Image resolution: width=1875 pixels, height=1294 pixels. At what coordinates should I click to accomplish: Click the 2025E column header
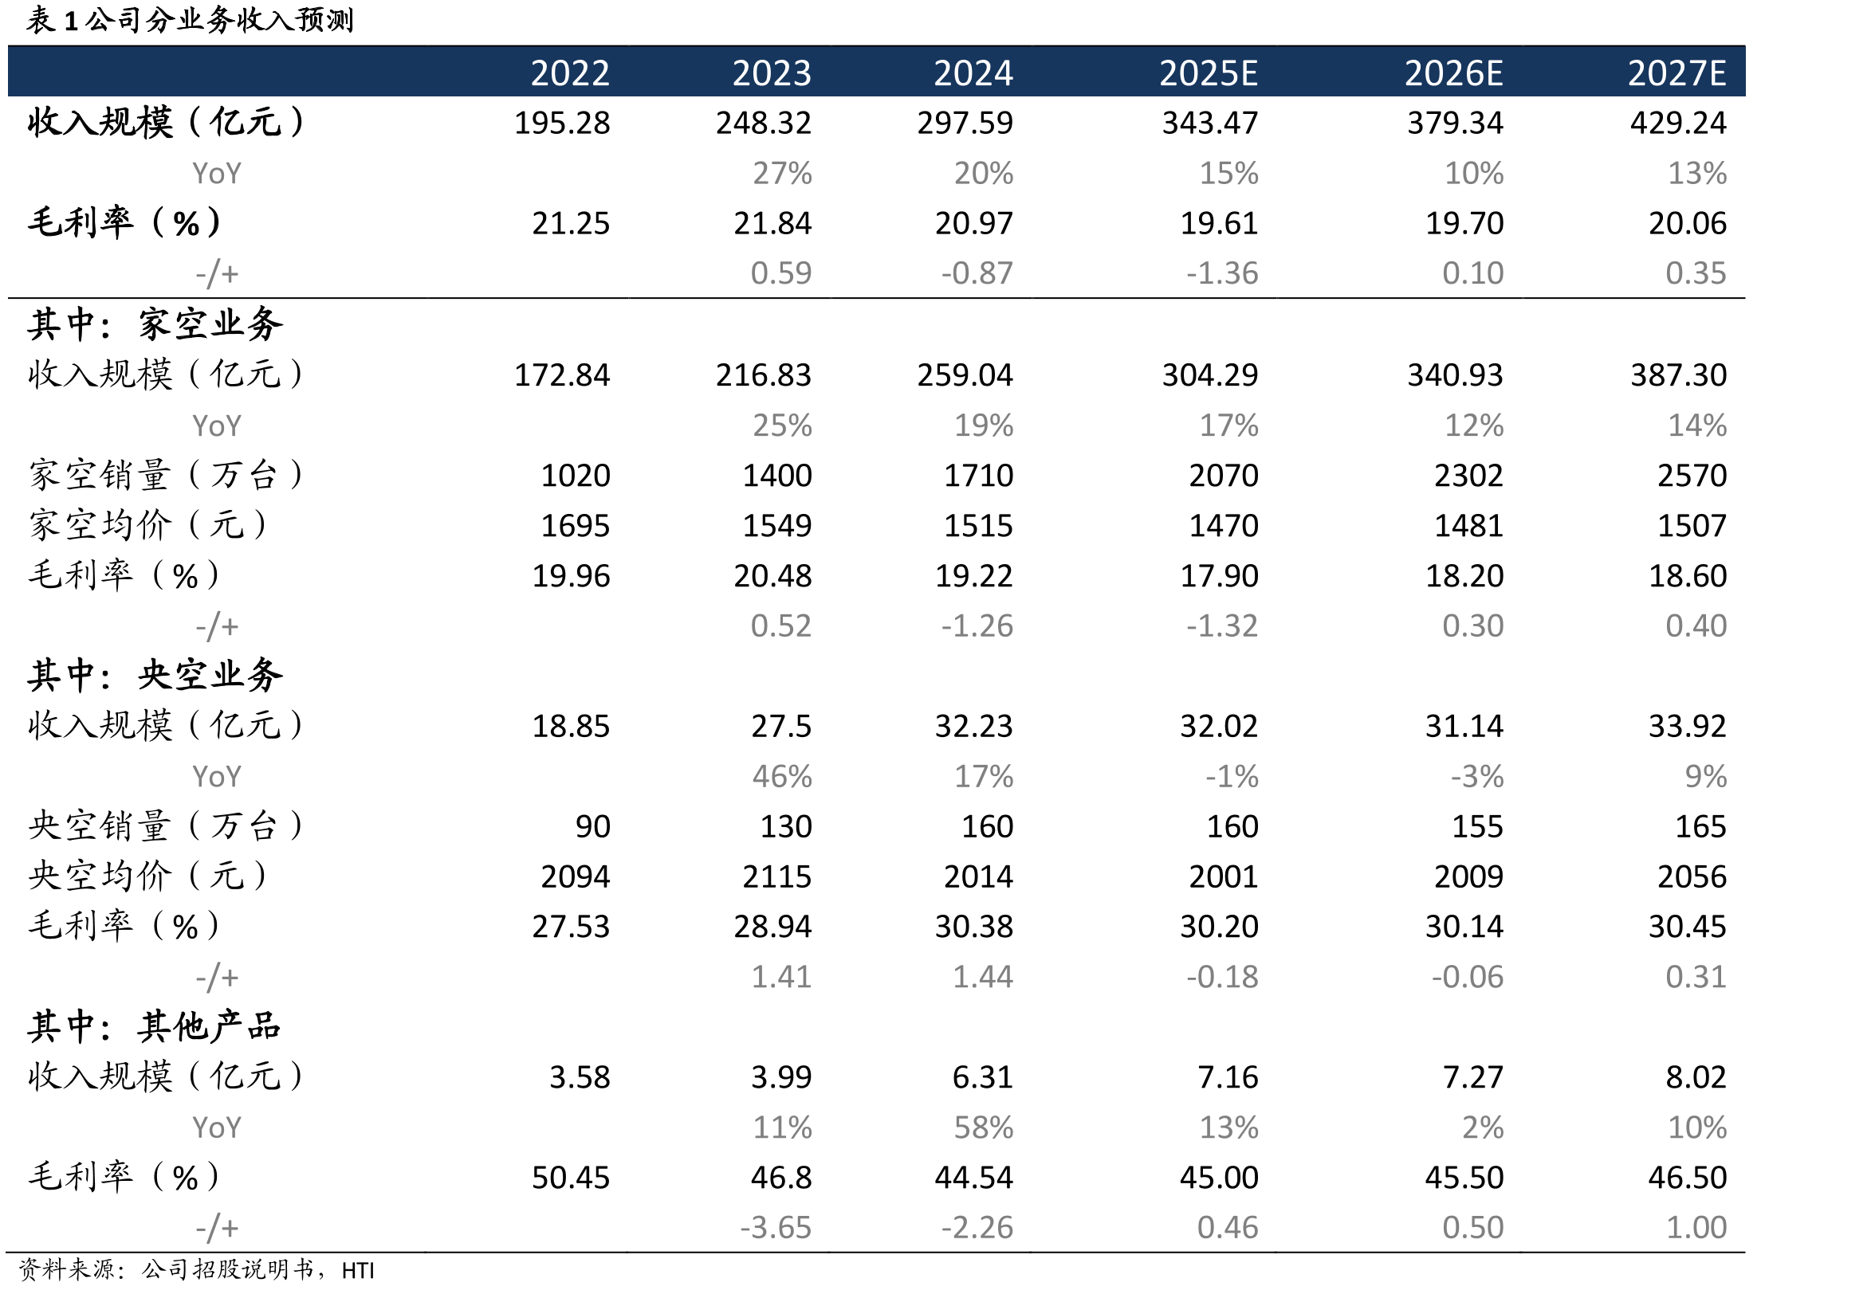pyautogui.click(x=1208, y=73)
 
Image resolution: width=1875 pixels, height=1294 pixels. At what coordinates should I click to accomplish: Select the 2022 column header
pyautogui.click(x=570, y=73)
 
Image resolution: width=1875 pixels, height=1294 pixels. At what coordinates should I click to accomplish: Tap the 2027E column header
pyautogui.click(x=1677, y=73)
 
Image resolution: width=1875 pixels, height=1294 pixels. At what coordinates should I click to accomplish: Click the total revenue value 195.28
pyautogui.click(x=562, y=124)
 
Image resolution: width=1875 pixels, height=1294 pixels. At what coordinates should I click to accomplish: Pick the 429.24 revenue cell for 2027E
pyautogui.click(x=1678, y=124)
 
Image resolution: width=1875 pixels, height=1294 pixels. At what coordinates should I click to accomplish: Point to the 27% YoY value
pyautogui.click(x=782, y=174)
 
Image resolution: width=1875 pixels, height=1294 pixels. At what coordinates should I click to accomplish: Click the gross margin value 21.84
pyautogui.click(x=772, y=224)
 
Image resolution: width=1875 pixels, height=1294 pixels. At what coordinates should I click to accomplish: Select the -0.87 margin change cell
pyautogui.click(x=977, y=273)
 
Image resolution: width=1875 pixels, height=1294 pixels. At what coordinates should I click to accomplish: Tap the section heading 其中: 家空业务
pyautogui.click(x=155, y=324)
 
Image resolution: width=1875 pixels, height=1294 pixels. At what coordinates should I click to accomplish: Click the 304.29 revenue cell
pyautogui.click(x=1210, y=375)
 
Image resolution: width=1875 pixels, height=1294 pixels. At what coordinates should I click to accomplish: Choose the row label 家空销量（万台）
pyautogui.click(x=166, y=475)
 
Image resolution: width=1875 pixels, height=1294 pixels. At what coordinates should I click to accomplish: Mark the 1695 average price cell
pyautogui.click(x=575, y=526)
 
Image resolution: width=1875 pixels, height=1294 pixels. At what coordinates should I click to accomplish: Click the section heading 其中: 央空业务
pyautogui.click(x=155, y=676)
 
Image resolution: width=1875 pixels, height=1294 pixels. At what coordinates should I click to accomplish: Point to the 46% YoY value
pyautogui.click(x=782, y=777)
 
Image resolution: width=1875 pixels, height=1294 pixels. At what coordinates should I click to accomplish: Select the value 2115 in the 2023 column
pyautogui.click(x=777, y=877)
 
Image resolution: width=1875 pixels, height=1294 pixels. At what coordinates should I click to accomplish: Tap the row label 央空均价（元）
pyautogui.click(x=147, y=876)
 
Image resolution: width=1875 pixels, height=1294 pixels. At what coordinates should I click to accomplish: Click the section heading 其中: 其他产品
pyautogui.click(x=154, y=1027)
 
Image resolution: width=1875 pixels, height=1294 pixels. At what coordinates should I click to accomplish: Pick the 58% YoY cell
pyautogui.click(x=983, y=1127)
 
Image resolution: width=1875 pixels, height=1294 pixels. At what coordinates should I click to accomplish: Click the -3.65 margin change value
pyautogui.click(x=776, y=1229)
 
